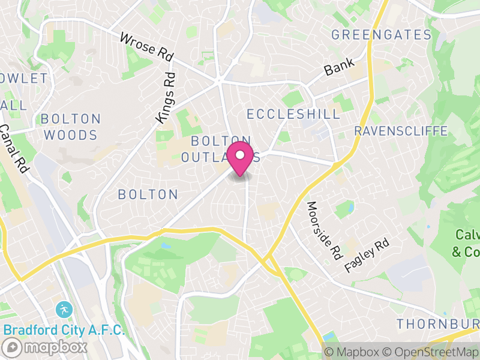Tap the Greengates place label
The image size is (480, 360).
[382, 35]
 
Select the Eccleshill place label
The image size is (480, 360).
[293, 114]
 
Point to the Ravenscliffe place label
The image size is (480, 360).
[401, 131]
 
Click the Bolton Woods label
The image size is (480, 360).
[70, 127]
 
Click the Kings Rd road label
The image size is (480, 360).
[166, 98]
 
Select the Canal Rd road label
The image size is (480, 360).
[14, 148]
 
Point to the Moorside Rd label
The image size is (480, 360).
[323, 230]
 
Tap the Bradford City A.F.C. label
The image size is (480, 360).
[64, 330]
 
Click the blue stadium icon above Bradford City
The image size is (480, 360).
[63, 310]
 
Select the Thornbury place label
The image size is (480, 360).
[437, 324]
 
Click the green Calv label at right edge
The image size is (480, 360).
[466, 243]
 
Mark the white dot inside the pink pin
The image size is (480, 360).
[240, 155]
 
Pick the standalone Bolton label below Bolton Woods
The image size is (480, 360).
[148, 194]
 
